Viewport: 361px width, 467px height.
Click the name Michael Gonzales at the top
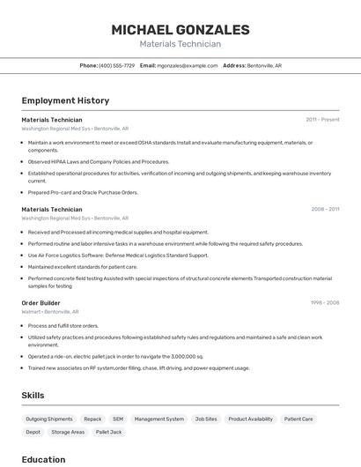click(180, 29)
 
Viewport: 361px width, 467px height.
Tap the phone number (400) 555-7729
click(117, 65)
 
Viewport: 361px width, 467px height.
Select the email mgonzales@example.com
click(188, 65)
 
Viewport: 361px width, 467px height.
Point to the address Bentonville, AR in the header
click(264, 65)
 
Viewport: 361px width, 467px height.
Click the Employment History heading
click(65, 100)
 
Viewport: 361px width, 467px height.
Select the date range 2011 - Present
click(322, 120)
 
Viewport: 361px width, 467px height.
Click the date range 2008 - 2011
click(325, 210)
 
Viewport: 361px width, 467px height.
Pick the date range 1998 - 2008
click(325, 302)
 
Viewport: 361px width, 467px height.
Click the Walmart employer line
click(50, 311)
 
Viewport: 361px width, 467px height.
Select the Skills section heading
click(33, 396)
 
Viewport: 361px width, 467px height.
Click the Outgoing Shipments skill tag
click(49, 419)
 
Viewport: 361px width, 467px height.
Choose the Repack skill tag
click(92, 419)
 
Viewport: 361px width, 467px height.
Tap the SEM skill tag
click(118, 419)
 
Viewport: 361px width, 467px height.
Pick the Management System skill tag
click(159, 419)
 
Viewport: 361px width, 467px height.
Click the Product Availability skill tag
click(250, 419)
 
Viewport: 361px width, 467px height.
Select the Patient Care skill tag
click(300, 419)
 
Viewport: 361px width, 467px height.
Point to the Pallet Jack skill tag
click(108, 433)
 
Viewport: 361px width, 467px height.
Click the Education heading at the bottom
click(43, 459)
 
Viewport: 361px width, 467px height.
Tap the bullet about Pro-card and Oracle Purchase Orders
click(83, 192)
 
